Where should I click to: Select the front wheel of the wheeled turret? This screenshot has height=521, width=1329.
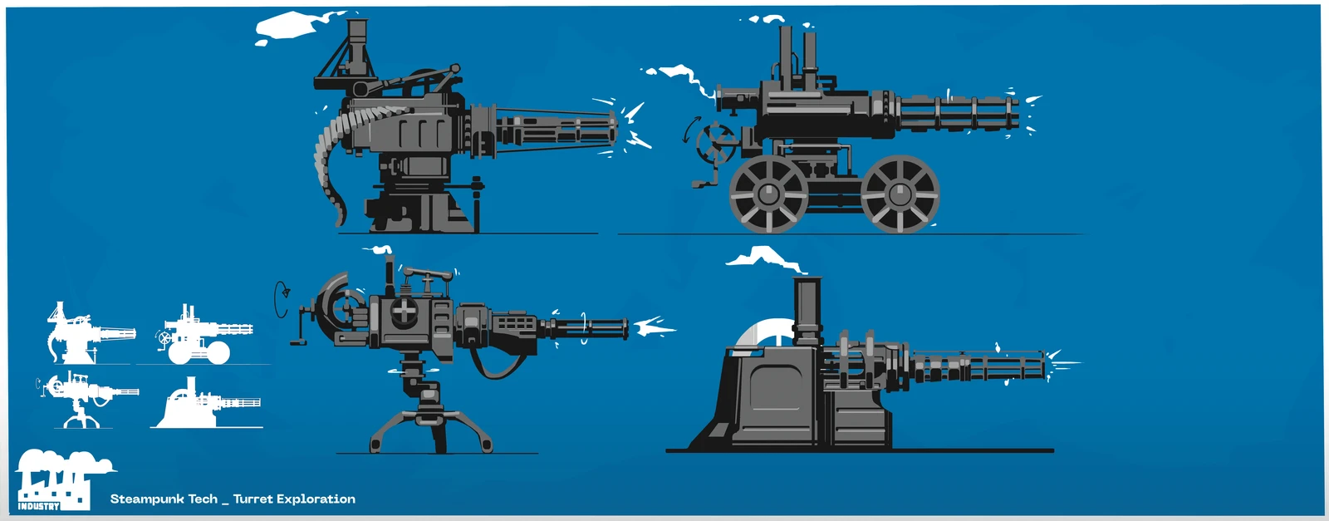(x=900, y=194)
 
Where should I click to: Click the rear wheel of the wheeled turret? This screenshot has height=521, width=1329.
(x=768, y=194)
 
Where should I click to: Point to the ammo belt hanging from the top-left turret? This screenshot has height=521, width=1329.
(x=328, y=158)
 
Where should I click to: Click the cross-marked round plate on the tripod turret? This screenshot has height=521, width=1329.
(x=404, y=312)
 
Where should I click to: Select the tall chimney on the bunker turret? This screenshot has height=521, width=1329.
(x=807, y=312)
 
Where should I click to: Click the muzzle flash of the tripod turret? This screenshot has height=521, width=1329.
(x=656, y=327)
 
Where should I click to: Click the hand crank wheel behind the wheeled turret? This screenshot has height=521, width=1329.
(x=711, y=145)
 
